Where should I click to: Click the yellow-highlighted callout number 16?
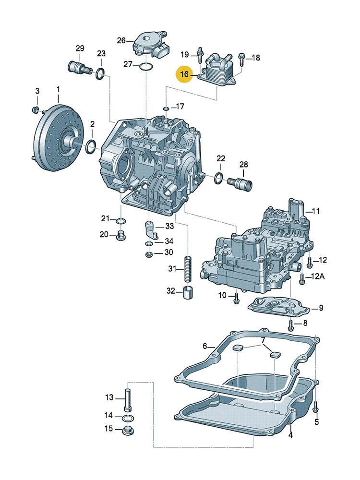[x=184, y=74]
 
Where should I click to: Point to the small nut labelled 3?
[x=35, y=111]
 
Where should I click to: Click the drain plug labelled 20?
[x=120, y=236]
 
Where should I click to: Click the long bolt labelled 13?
[x=127, y=398]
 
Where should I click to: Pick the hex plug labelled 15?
[x=128, y=430]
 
